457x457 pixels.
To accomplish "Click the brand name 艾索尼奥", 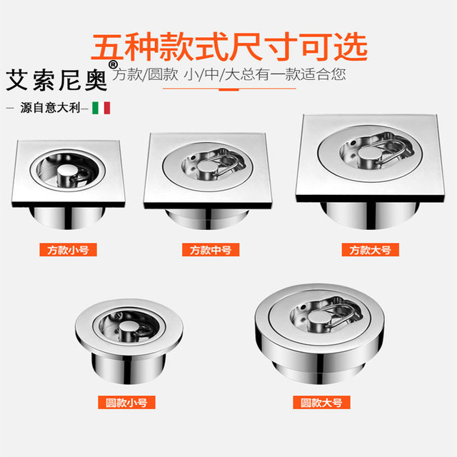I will coord(57,80).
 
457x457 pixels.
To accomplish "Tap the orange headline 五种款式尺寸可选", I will coord(229,45).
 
